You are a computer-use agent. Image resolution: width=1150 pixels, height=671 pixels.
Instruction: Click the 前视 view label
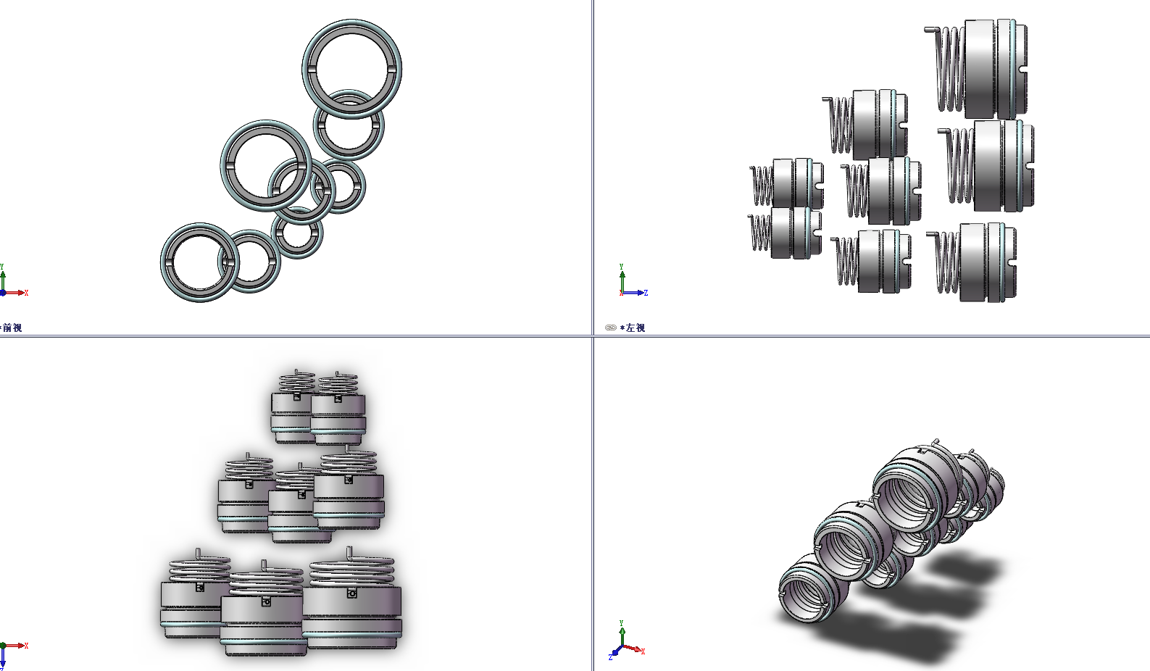(12, 328)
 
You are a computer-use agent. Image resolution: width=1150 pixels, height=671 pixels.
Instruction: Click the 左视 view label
(635, 328)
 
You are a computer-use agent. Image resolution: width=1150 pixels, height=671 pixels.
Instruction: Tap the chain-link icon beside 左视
(610, 328)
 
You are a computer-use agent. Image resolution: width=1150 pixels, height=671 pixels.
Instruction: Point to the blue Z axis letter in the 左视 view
(646, 293)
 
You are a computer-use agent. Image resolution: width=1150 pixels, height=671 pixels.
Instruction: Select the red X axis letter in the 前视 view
(26, 293)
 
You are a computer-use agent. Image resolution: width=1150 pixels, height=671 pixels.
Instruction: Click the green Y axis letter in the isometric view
(621, 623)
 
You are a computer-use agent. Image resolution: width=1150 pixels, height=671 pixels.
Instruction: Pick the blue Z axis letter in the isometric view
(610, 657)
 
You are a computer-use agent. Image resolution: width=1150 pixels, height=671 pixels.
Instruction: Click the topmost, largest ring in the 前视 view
(351, 20)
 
